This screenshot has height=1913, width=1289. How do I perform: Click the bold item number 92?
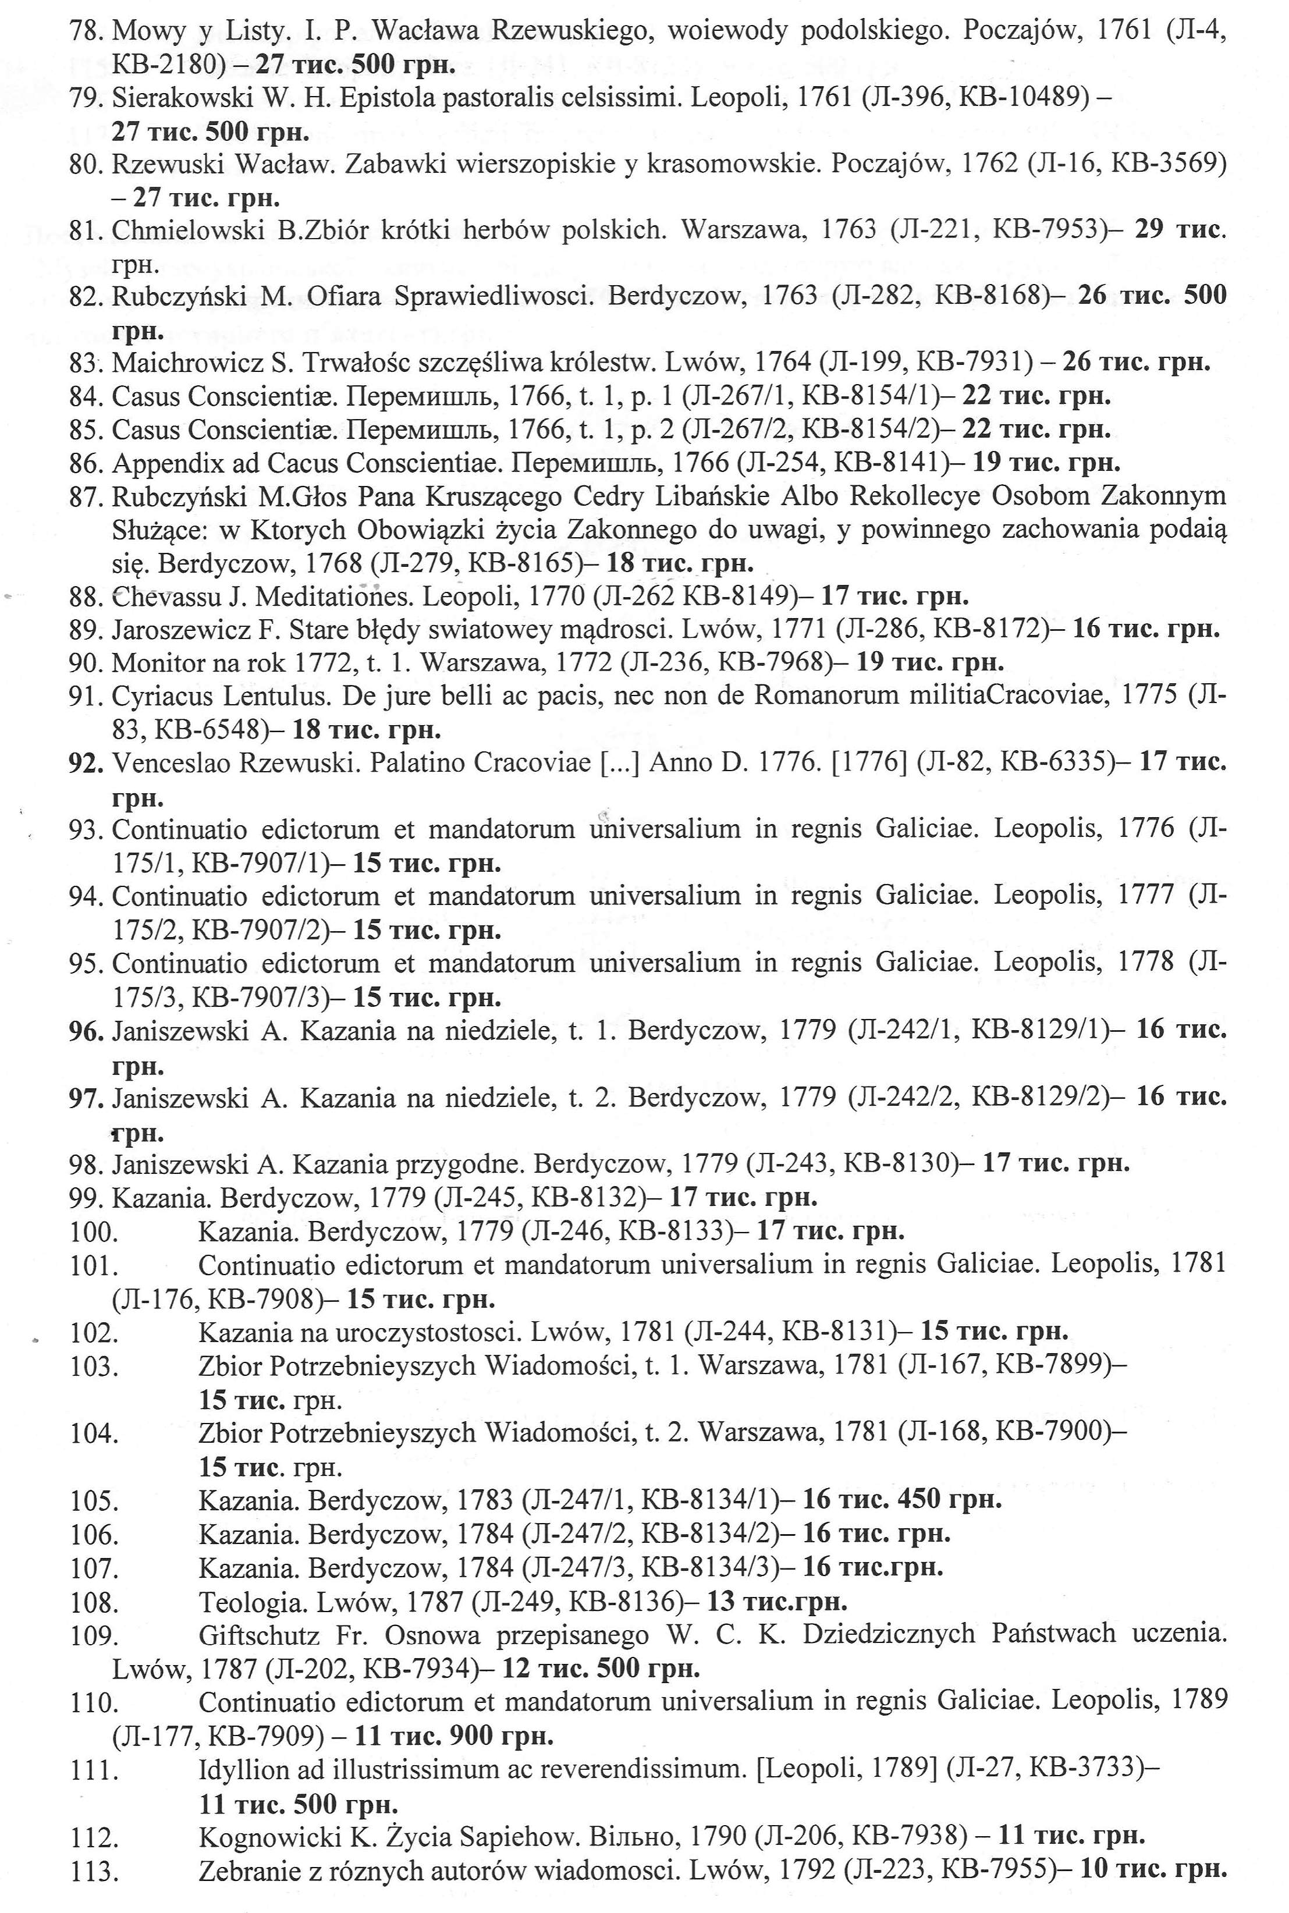pos(86,763)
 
